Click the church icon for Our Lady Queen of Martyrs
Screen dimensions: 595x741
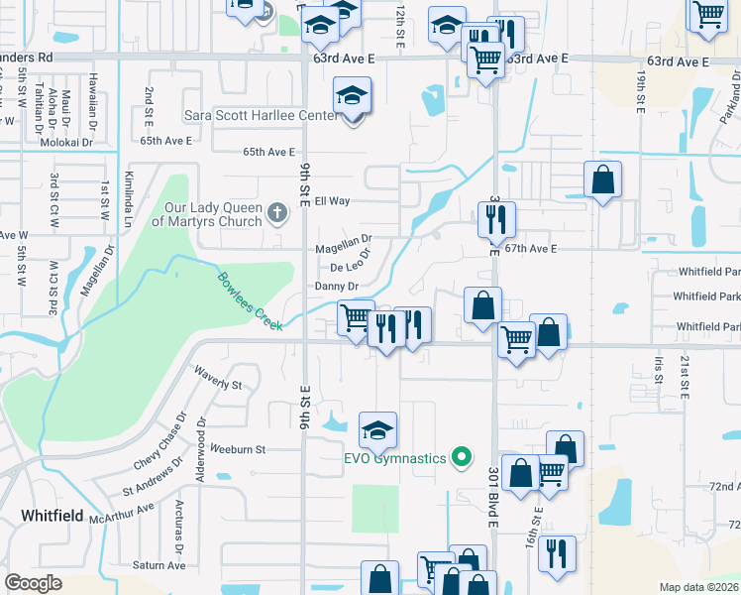[x=277, y=211]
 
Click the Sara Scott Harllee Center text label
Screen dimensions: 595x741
[x=261, y=114]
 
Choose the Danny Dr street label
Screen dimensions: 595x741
[x=335, y=287]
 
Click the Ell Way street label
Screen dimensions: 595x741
[x=333, y=200]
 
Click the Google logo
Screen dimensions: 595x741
[x=34, y=583]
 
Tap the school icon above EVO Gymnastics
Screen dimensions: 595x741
[x=377, y=430]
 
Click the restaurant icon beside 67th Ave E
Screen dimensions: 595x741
[x=496, y=219]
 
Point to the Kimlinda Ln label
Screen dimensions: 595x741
[x=128, y=198]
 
